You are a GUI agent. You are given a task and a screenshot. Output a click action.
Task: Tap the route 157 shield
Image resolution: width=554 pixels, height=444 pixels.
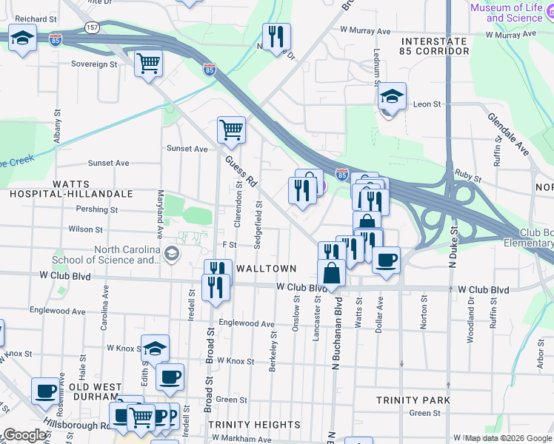[x=92, y=27]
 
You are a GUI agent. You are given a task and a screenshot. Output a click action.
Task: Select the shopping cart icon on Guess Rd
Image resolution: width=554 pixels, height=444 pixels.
[x=231, y=129]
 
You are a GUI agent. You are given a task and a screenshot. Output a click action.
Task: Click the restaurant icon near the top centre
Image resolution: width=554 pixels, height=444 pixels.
[x=276, y=36]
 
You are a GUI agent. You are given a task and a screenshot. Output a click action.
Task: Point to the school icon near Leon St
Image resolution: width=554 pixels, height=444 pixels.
[x=392, y=96]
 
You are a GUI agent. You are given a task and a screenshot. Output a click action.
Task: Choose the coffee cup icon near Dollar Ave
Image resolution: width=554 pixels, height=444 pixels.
[x=386, y=260]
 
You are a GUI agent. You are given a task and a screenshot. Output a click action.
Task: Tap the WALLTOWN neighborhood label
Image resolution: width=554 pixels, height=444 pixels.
[x=266, y=269]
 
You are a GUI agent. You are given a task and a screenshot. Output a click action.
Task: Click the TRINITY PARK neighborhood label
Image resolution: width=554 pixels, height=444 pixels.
[x=413, y=400]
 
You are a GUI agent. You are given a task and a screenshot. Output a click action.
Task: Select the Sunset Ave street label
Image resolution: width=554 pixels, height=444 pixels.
[x=187, y=149]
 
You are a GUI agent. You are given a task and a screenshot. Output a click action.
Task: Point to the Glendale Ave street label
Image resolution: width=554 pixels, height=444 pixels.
[x=507, y=134]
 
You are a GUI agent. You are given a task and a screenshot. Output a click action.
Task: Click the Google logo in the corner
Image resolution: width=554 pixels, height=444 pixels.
[x=24, y=435]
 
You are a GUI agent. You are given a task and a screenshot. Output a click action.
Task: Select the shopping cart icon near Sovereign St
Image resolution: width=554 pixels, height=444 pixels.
[x=148, y=64]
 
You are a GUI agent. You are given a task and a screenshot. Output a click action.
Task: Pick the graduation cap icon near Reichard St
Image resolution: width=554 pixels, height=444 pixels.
[x=23, y=38]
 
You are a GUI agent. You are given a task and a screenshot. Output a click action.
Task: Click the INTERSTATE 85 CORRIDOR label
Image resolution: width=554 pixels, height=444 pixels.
[x=434, y=46]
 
